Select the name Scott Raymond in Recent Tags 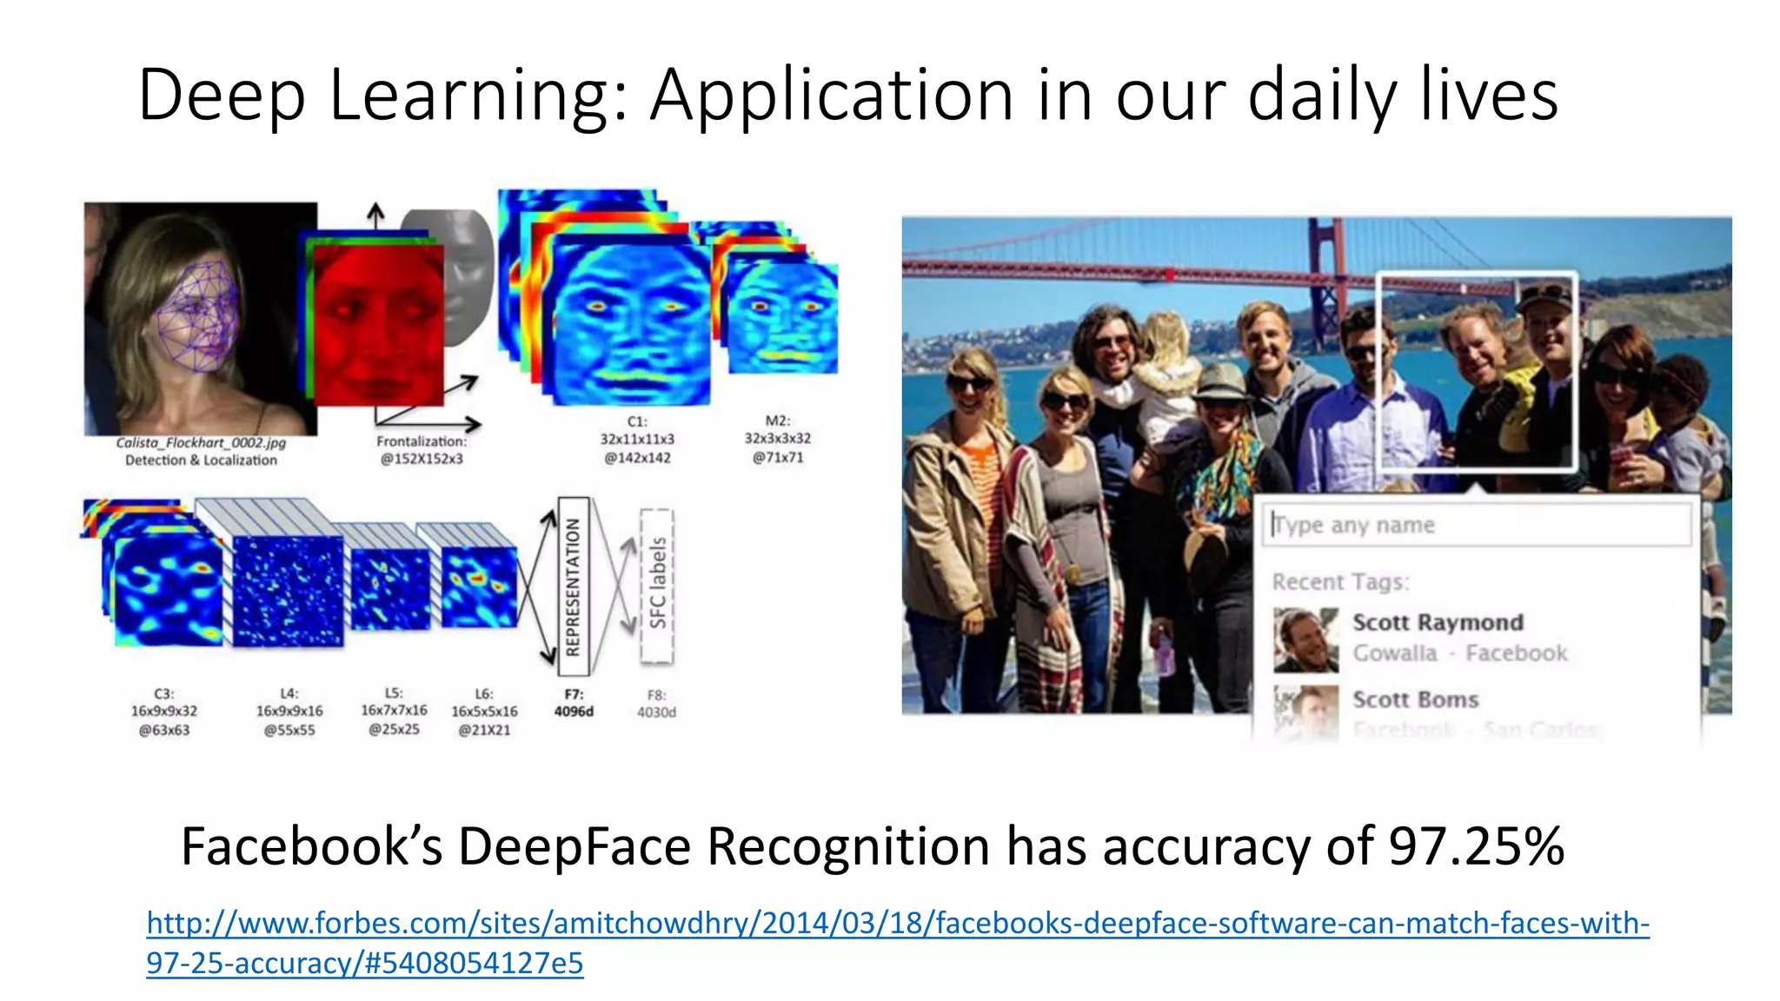pyautogui.click(x=1438, y=622)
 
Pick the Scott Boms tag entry pyautogui.click(x=1415, y=699)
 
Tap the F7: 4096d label pyautogui.click(x=574, y=703)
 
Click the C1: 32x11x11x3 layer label pyautogui.click(x=637, y=440)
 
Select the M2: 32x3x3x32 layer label pyautogui.click(x=777, y=439)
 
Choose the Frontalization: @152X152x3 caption pyautogui.click(x=422, y=450)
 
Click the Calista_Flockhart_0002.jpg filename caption pyautogui.click(x=201, y=443)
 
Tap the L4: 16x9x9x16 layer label pyautogui.click(x=289, y=712)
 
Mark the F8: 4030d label pyautogui.click(x=656, y=704)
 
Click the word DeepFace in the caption pyautogui.click(x=574, y=846)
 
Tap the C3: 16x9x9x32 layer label pyautogui.click(x=164, y=712)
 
